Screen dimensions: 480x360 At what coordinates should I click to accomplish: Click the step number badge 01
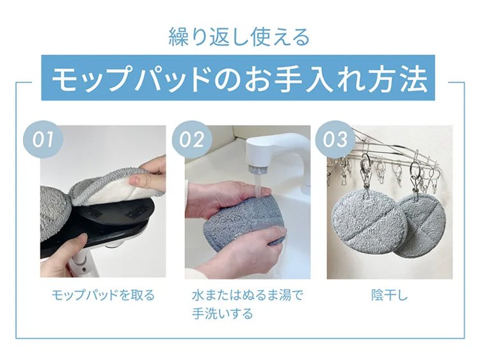pyautogui.click(x=43, y=140)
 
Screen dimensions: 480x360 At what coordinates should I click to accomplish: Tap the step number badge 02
pyautogui.click(x=191, y=140)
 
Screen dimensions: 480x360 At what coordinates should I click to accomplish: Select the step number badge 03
pyautogui.click(x=335, y=140)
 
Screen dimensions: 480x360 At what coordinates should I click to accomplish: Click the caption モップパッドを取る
pyautogui.click(x=103, y=295)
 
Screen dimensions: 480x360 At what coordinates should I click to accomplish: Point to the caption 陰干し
pyautogui.click(x=390, y=295)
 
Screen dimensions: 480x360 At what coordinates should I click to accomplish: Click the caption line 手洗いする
pyautogui.click(x=223, y=314)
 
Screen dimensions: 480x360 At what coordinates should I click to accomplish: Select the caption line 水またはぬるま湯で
pyautogui.click(x=248, y=295)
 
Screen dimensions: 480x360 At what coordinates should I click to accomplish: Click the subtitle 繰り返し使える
pyautogui.click(x=239, y=37)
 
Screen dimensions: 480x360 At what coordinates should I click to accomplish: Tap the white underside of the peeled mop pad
pyautogui.click(x=122, y=192)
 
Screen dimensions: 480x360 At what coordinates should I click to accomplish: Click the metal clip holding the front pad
pyautogui.click(x=365, y=175)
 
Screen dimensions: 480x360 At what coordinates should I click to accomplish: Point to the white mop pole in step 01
pyautogui.click(x=82, y=264)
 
